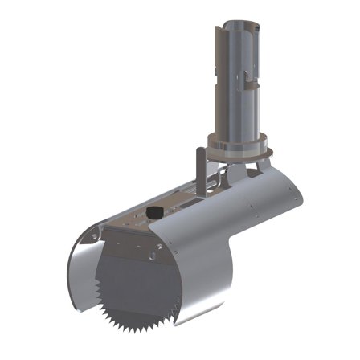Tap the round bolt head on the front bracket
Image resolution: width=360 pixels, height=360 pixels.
[x=149, y=256]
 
